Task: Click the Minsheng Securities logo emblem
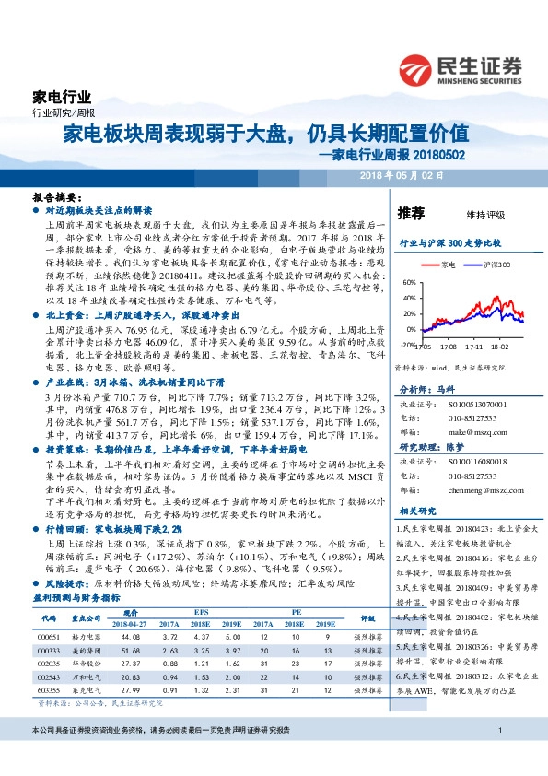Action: click(x=418, y=70)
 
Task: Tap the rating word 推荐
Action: click(x=411, y=214)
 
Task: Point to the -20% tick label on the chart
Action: click(x=408, y=345)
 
